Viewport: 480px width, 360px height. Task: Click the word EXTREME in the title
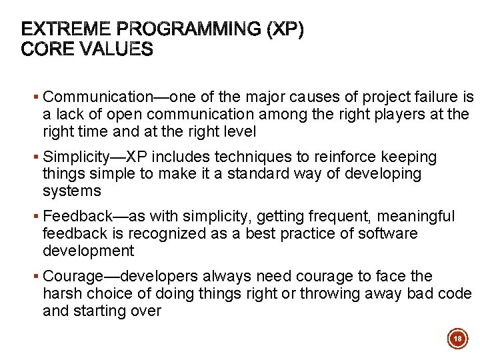[x=66, y=30]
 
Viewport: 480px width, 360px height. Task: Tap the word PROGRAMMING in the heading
[x=190, y=30]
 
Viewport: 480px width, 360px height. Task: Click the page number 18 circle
[x=457, y=339]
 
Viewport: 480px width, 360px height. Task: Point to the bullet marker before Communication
[x=37, y=98]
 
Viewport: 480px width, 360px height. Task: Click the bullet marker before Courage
[x=37, y=277]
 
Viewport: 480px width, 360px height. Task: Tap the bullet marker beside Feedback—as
[x=37, y=217]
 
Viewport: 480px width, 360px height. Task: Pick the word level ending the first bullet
[x=237, y=132]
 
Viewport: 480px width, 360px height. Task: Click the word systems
[x=71, y=191]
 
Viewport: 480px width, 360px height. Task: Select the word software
[x=387, y=234]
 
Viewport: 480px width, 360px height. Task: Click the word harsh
[x=61, y=293]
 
